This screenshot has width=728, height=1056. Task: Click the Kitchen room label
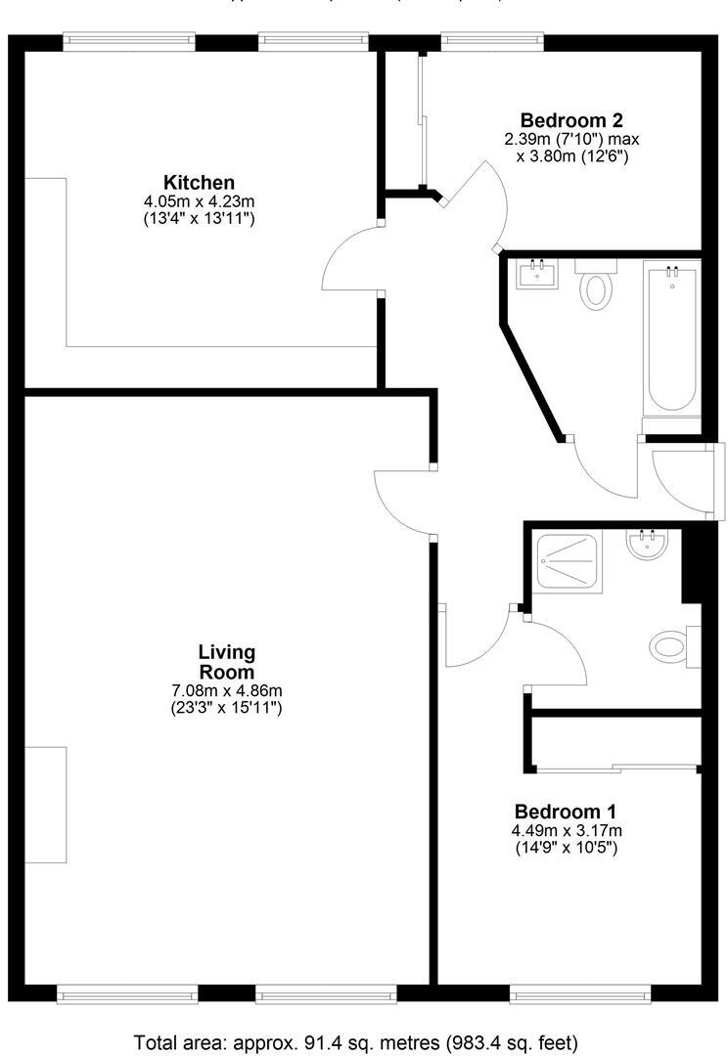click(199, 183)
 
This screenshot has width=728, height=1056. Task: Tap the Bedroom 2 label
click(571, 120)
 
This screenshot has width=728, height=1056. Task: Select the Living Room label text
click(226, 662)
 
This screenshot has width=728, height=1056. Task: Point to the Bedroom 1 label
click(566, 812)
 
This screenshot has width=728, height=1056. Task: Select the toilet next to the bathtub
click(595, 286)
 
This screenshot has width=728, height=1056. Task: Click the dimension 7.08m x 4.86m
click(226, 691)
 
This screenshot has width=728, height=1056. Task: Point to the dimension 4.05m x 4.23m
click(199, 201)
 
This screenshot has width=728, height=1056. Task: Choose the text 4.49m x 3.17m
click(566, 831)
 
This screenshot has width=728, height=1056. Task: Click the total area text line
click(356, 1040)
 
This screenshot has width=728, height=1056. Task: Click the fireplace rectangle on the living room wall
click(45, 805)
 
